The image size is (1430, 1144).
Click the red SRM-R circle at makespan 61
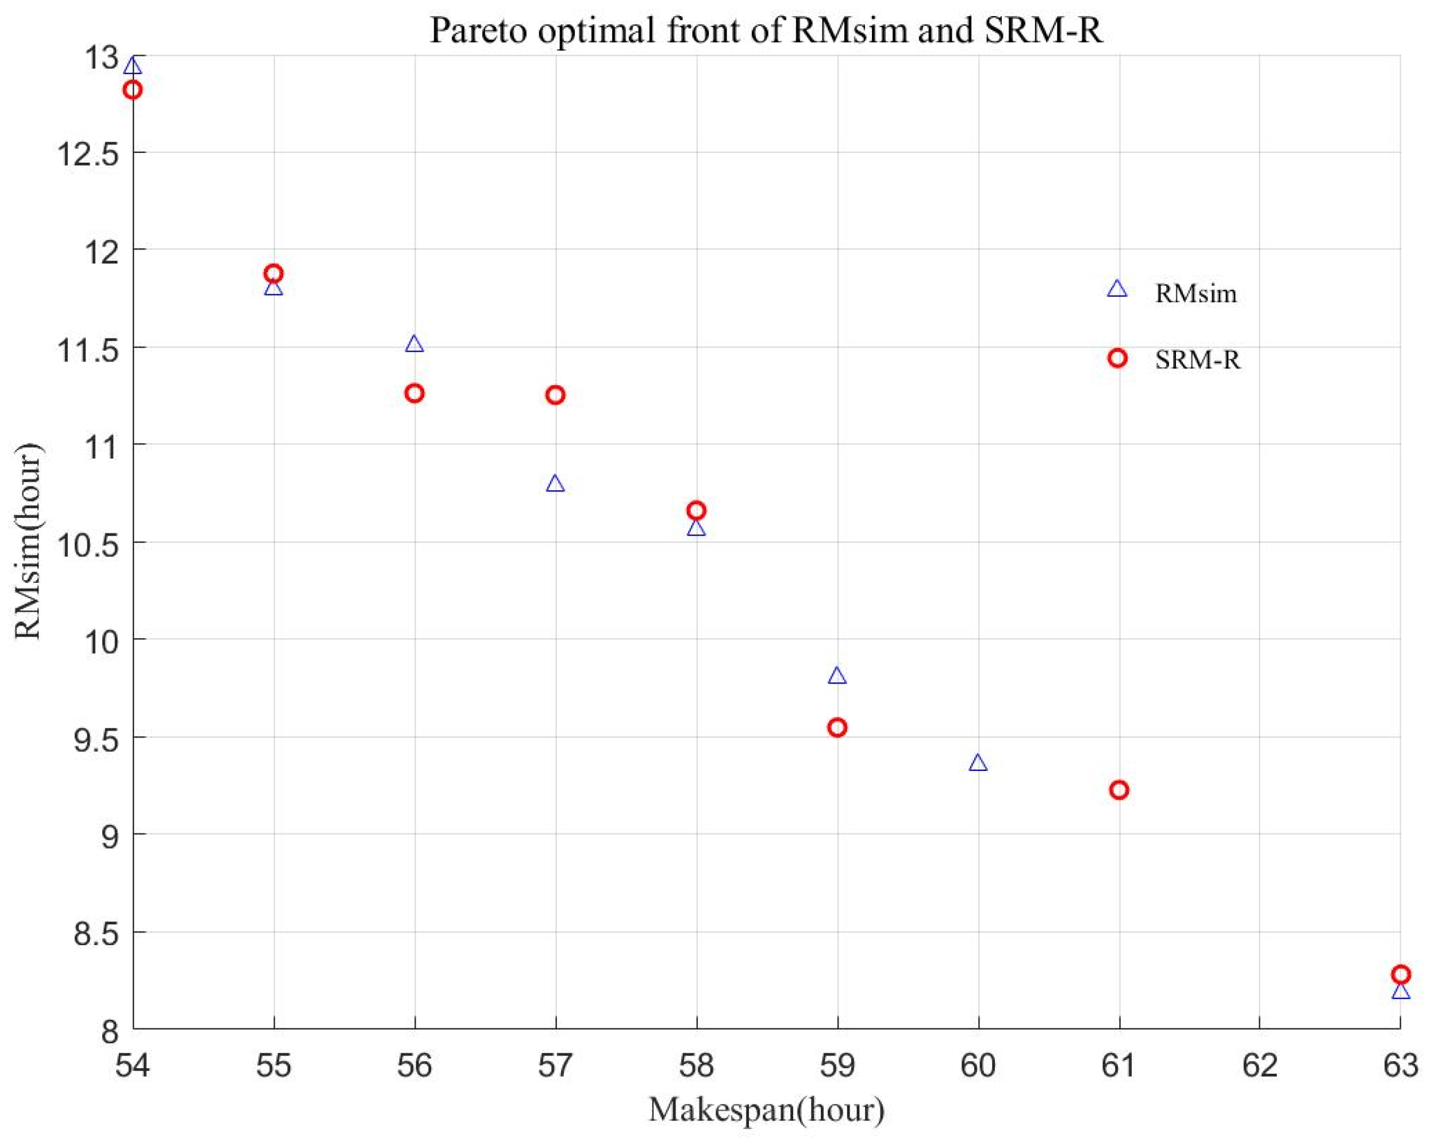(1119, 790)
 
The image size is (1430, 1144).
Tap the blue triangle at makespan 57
(555, 483)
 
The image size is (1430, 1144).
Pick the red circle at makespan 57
(555, 395)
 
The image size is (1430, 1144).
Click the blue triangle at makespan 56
(414, 344)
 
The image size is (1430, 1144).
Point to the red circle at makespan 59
(837, 727)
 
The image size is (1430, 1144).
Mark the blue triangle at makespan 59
(837, 676)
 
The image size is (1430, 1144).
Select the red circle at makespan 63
(1400, 975)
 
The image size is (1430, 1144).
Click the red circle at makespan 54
(133, 90)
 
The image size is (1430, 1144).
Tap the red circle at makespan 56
(414, 393)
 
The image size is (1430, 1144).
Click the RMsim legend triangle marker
(1117, 289)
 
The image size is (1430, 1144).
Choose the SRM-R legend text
(1197, 360)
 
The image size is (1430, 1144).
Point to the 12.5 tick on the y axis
(89, 153)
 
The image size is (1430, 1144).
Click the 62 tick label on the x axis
(1259, 1066)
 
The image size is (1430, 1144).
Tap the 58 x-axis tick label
(696, 1066)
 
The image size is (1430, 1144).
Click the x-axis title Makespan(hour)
(766, 1110)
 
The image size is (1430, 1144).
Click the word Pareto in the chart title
(479, 30)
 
